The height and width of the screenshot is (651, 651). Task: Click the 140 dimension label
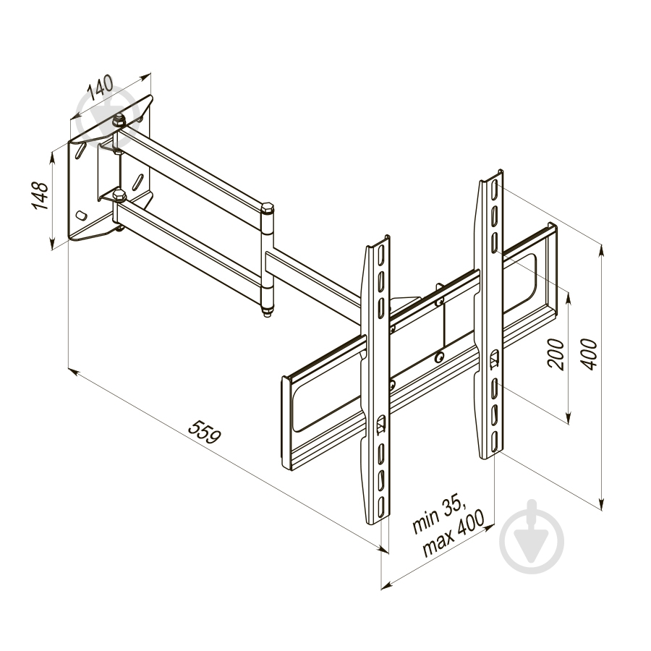click(x=100, y=88)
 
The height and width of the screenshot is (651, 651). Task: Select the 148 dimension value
click(x=41, y=195)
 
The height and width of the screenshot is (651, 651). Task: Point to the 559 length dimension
click(x=204, y=432)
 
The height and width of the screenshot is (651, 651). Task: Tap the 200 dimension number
click(x=556, y=354)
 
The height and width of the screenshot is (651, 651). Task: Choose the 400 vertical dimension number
click(x=588, y=354)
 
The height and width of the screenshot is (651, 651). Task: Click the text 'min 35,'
click(x=439, y=515)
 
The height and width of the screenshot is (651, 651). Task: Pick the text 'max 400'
click(x=454, y=534)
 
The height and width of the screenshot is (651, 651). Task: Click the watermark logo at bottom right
click(x=532, y=537)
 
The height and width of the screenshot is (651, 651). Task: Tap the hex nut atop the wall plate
click(x=119, y=121)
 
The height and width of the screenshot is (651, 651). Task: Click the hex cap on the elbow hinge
click(x=267, y=208)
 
